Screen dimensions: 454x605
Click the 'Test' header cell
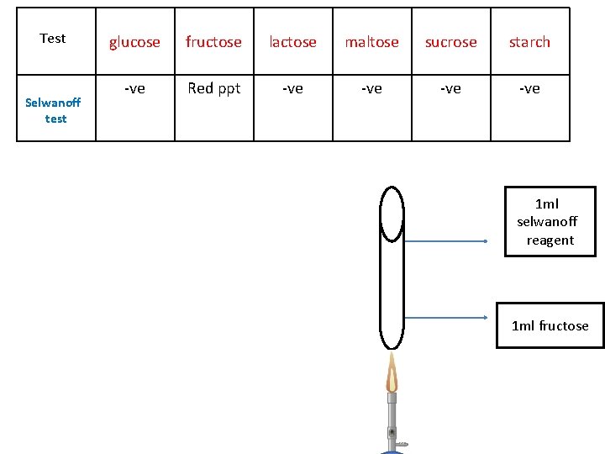tap(53, 39)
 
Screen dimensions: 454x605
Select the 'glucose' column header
tap(134, 42)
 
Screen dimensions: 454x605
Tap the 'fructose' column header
tap(213, 42)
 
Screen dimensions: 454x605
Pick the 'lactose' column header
tap(292, 42)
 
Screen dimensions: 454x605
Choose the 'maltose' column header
tap(371, 42)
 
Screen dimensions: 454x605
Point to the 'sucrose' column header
tap(450, 42)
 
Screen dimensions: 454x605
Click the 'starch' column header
tap(529, 42)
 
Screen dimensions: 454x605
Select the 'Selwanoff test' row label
tap(54, 110)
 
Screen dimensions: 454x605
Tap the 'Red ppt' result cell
tap(213, 88)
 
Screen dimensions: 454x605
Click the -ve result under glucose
tap(134, 88)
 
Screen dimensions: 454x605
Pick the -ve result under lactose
tap(292, 88)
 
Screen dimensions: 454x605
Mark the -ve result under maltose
tap(371, 88)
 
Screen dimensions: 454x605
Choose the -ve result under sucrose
tap(450, 88)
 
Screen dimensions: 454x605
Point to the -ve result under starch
tap(529, 88)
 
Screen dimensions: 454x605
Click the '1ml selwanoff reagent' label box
tap(550, 222)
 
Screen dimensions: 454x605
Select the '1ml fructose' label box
tap(550, 325)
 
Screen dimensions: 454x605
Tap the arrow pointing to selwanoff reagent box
tap(445, 241)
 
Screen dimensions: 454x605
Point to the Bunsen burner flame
tap(392, 373)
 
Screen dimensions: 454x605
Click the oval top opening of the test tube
tap(392, 214)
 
